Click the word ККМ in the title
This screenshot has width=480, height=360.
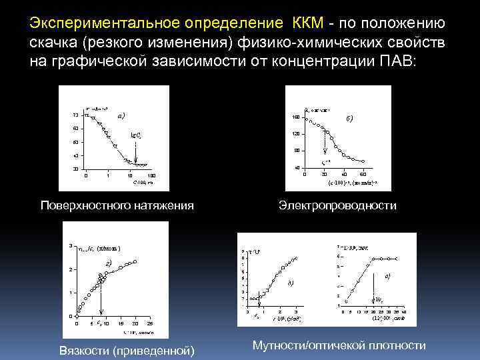pos(308,25)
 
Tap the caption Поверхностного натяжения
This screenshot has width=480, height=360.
pos(117,205)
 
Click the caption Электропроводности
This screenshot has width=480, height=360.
pos(337,205)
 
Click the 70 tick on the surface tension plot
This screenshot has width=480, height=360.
pos(75,115)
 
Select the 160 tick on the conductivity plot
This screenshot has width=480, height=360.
pos(295,118)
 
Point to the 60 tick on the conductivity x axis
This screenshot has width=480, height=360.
pos(362,174)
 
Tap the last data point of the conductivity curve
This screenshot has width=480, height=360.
pos(363,161)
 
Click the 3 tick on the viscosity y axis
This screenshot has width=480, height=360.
pos(71,246)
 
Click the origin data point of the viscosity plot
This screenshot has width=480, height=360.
pos(76,315)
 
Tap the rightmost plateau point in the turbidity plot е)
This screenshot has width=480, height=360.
pos(397,257)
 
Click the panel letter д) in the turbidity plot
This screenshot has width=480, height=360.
pos(290,283)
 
